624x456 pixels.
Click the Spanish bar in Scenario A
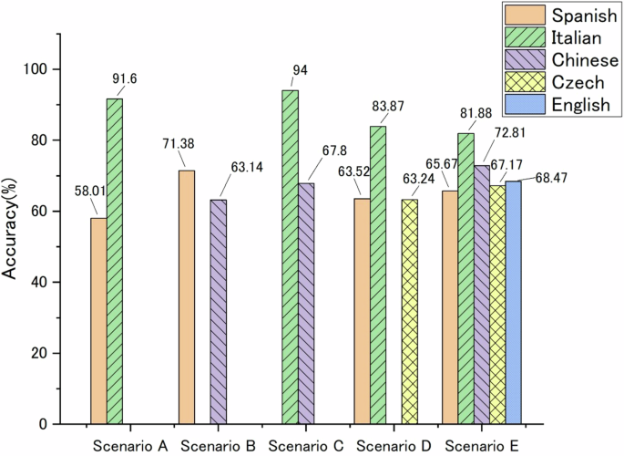pyautogui.click(x=97, y=320)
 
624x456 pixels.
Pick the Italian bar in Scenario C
pyautogui.click(x=290, y=257)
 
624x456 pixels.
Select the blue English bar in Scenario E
pyautogui.click(x=514, y=303)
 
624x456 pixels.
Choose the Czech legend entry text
pyautogui.click(x=577, y=83)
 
